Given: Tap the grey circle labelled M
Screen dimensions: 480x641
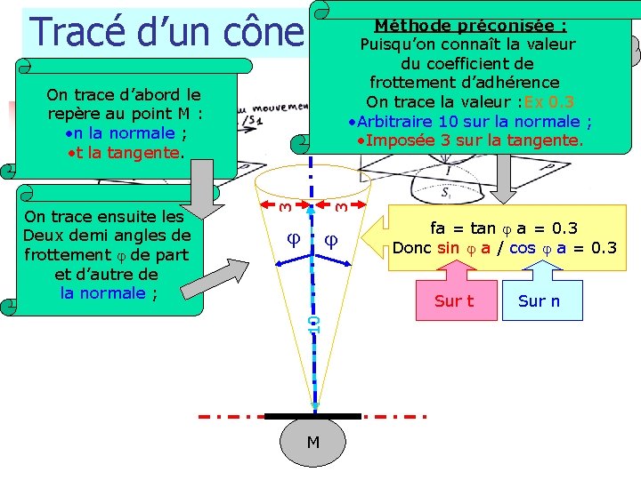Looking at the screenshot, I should coord(313,442).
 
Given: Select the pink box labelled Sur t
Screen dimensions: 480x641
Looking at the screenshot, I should coord(454,300).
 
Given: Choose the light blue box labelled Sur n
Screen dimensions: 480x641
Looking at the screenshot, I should coord(540,300).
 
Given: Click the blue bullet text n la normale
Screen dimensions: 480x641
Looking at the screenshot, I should coord(125,133).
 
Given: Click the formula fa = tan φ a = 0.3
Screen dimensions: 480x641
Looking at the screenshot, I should coord(504,229).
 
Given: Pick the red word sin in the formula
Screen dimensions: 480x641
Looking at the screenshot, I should coord(450,248).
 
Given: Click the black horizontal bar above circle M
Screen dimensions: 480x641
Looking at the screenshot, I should coord(313,416).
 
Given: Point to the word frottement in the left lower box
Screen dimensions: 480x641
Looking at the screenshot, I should coord(60,254).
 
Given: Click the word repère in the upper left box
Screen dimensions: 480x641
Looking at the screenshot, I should coord(76,114).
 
